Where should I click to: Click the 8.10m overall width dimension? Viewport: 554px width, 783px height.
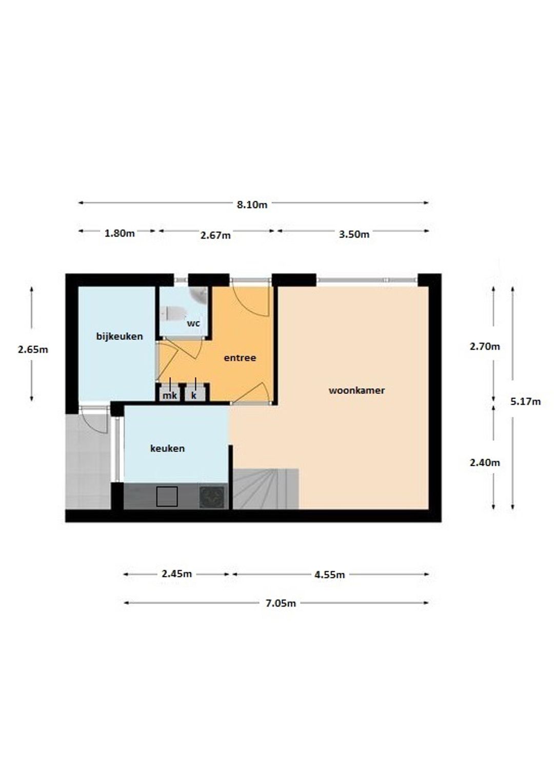pyautogui.click(x=252, y=204)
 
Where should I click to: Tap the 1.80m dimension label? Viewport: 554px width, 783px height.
pyautogui.click(x=120, y=233)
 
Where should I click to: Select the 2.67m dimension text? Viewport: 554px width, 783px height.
pyautogui.click(x=215, y=235)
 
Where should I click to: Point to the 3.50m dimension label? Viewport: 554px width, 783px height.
pyautogui.click(x=354, y=234)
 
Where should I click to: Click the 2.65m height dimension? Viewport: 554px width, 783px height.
pyautogui.click(x=33, y=349)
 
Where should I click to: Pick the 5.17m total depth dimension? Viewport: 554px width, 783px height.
pyautogui.click(x=525, y=402)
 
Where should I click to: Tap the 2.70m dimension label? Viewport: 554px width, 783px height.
pyautogui.click(x=485, y=346)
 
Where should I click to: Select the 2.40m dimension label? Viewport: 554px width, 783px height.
pyautogui.click(x=485, y=463)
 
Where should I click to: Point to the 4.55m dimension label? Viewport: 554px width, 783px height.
pyautogui.click(x=329, y=574)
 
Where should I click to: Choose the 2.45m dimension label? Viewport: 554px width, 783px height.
pyautogui.click(x=176, y=574)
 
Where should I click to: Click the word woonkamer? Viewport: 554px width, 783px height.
pyautogui.click(x=357, y=390)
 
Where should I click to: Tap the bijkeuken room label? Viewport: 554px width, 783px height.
pyautogui.click(x=120, y=336)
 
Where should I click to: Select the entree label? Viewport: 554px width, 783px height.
pyautogui.click(x=240, y=358)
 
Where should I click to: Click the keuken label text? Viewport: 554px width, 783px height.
pyautogui.click(x=167, y=448)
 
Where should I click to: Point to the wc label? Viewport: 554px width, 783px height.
pyautogui.click(x=193, y=323)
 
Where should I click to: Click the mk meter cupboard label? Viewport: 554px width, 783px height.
pyautogui.click(x=170, y=396)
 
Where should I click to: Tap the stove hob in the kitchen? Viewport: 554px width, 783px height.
pyautogui.click(x=212, y=497)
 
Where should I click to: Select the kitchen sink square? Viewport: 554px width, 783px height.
pyautogui.click(x=167, y=497)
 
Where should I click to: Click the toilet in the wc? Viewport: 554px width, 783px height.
pyautogui.click(x=174, y=314)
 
